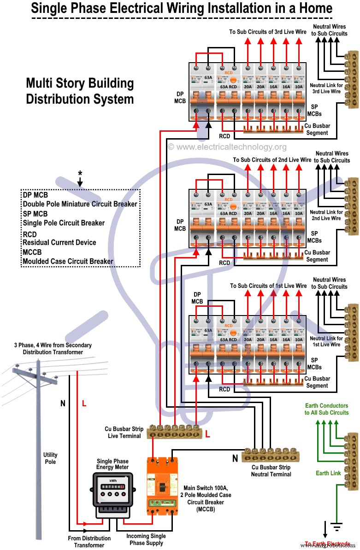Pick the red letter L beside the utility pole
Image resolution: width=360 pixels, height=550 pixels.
[x=84, y=404]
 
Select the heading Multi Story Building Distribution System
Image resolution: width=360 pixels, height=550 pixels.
[x=79, y=91]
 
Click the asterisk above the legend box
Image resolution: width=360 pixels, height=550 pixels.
[x=80, y=174]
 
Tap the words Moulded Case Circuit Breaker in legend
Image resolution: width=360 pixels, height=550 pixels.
[x=68, y=261]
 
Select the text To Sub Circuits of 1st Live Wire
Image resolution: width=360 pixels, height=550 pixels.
[x=268, y=286]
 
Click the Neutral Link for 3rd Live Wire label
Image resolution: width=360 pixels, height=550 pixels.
[x=326, y=88]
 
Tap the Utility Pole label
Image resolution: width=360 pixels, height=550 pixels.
[x=50, y=458]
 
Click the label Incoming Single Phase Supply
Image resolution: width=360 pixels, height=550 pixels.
[x=146, y=539]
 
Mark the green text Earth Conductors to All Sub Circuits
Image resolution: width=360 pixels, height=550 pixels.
[x=326, y=409]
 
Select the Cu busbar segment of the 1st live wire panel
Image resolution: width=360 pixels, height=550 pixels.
[x=272, y=382]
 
